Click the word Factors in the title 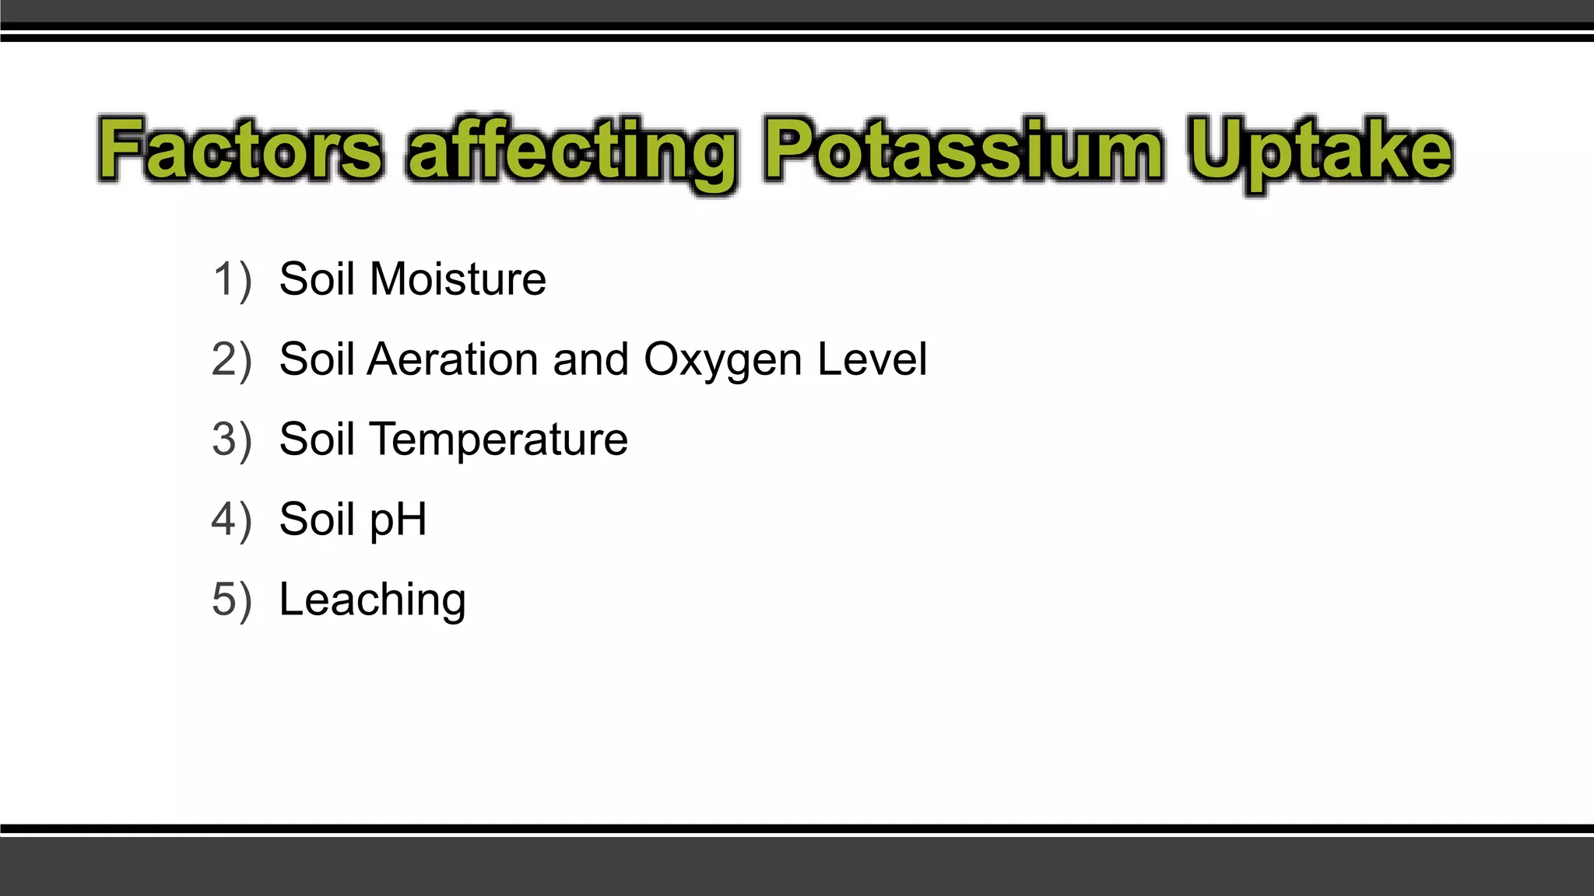pos(241,150)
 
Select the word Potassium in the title pos(964,150)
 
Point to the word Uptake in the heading pos(1320,152)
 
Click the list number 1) pos(232,279)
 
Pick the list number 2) pos(232,359)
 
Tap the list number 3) pos(232,439)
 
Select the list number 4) pos(232,520)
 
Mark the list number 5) pos(232,600)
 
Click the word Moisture pos(458,279)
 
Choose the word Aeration pos(453,359)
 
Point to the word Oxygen pos(723,361)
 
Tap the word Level pos(872,359)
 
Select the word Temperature pos(498,440)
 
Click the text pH pos(398,520)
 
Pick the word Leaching pos(372,600)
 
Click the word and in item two pos(591,359)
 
